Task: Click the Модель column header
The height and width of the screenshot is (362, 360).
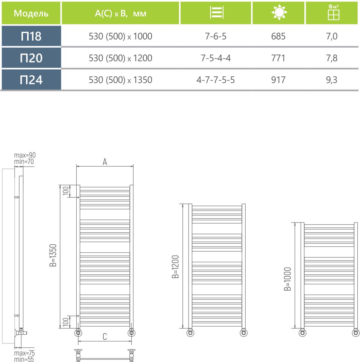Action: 31,14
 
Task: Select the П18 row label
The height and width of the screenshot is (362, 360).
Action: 31,36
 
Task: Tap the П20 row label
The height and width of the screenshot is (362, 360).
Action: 31,58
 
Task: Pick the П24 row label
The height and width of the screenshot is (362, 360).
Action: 31,80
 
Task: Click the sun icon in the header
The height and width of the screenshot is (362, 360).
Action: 278,13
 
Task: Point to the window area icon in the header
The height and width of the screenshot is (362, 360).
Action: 333,13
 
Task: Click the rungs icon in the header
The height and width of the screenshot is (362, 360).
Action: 216,13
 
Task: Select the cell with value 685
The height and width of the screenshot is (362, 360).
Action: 278,36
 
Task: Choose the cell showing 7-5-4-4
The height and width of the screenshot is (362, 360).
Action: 216,58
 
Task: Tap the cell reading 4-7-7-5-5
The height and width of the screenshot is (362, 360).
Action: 216,80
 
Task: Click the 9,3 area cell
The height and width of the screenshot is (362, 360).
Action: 333,80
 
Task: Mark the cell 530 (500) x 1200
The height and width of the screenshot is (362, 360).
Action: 120,58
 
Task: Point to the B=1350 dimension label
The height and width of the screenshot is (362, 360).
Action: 53,255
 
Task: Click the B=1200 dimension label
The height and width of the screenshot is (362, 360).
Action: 175,267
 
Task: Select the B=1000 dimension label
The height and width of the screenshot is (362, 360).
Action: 287,279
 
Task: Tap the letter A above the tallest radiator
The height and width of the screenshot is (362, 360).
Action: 105,162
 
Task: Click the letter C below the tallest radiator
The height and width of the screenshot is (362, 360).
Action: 105,337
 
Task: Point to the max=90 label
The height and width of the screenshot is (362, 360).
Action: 25,155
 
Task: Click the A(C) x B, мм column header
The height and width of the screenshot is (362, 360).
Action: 120,14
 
